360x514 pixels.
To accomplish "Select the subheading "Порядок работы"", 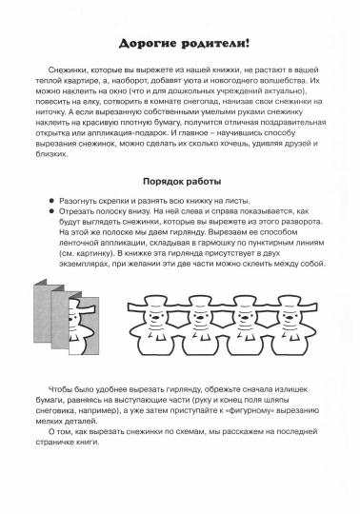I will click(x=180, y=180).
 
